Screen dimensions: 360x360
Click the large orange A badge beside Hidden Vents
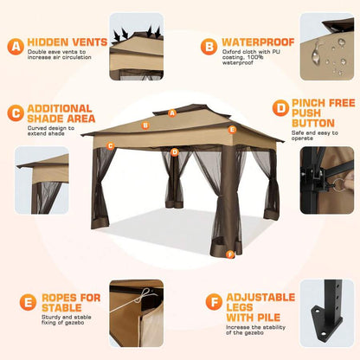[x=16, y=47]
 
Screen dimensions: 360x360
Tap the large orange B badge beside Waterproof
[x=209, y=47]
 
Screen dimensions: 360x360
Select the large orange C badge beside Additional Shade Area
[x=16, y=112]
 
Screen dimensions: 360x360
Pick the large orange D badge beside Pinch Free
[x=280, y=108]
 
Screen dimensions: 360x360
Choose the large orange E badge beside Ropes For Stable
[x=28, y=302]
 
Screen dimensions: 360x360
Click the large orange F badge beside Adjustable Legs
[x=214, y=302]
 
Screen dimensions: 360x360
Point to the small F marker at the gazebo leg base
[x=230, y=254]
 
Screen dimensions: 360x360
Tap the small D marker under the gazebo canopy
[x=175, y=152]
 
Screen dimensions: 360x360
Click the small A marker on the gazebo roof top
[x=172, y=113]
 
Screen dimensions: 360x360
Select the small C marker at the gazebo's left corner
[x=110, y=146]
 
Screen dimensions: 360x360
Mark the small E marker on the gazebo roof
[x=232, y=130]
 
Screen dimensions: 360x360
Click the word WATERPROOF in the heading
[x=258, y=42]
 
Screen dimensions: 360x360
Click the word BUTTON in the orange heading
[x=313, y=123]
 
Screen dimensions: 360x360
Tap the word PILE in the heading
[x=268, y=318]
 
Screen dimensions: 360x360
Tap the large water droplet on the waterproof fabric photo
[x=317, y=54]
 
